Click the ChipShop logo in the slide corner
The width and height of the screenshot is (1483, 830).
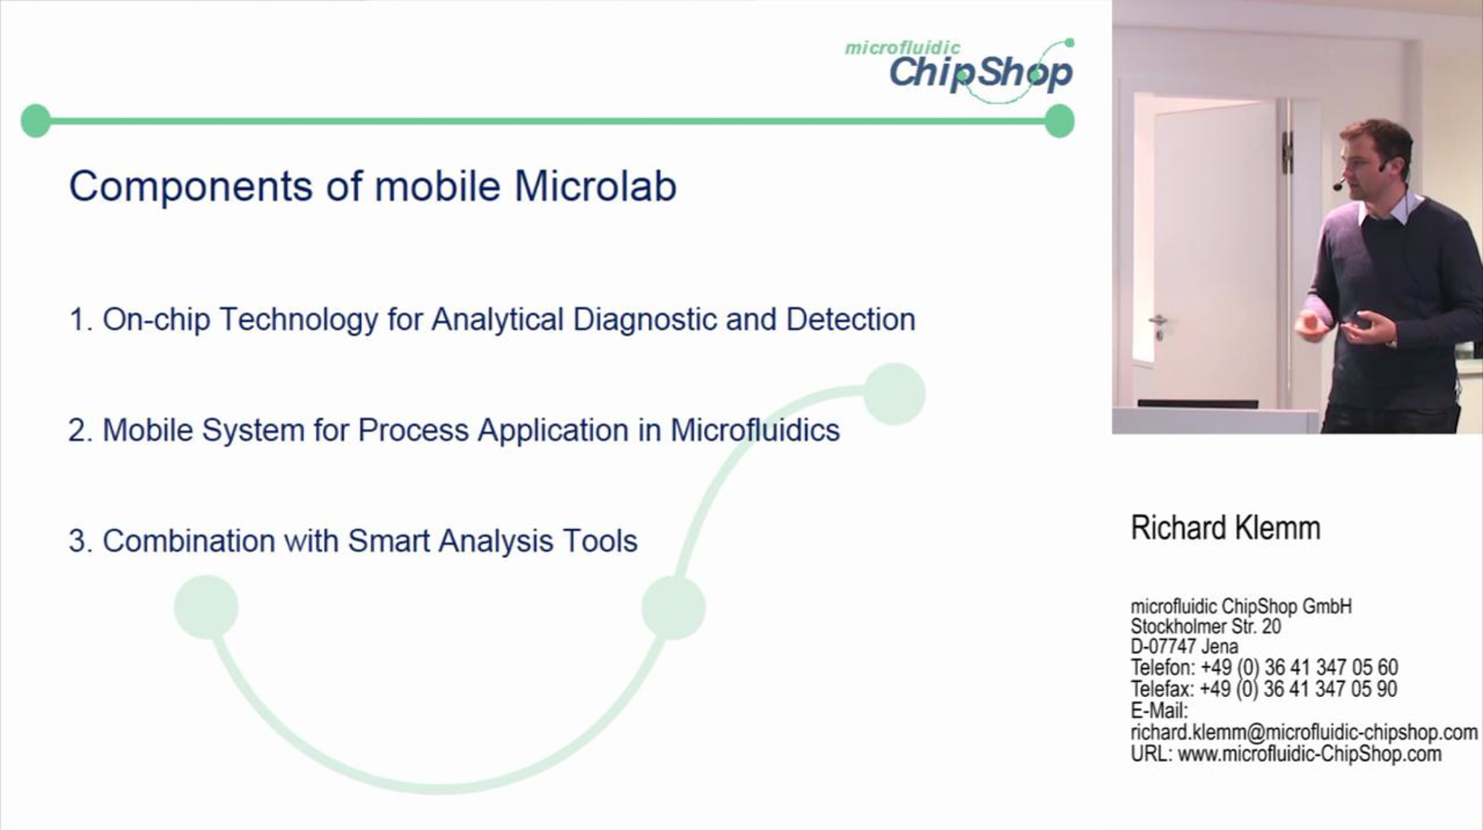point(960,70)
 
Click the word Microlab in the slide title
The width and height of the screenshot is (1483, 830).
point(596,186)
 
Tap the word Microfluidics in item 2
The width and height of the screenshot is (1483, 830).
point(755,430)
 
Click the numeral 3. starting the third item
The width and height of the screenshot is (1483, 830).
point(80,541)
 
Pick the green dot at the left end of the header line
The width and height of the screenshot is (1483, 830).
point(36,120)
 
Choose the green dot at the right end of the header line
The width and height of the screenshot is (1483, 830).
point(1060,120)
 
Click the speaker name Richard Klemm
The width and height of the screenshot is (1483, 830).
point(1225,528)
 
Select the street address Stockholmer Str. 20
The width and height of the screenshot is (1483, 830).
point(1206,626)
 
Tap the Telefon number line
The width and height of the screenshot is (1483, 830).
point(1264,668)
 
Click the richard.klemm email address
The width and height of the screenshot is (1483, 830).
point(1304,732)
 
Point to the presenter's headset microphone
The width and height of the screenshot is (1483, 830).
point(1338,184)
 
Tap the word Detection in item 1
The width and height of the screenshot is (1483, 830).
point(851,319)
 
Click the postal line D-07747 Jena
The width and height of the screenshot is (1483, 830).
point(1185,647)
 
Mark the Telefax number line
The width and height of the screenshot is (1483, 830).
point(1264,689)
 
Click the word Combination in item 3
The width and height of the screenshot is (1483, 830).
point(188,541)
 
